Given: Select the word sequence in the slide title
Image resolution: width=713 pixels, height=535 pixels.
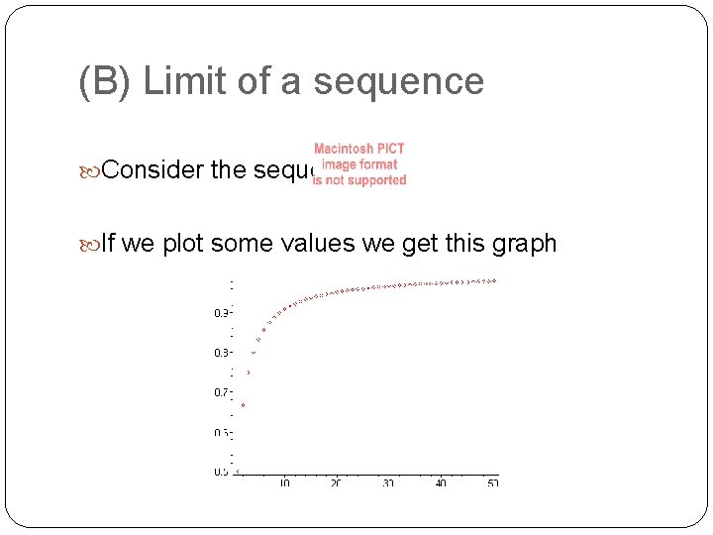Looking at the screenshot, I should coord(398,81).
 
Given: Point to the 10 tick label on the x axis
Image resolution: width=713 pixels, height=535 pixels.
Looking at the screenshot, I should coord(284,482).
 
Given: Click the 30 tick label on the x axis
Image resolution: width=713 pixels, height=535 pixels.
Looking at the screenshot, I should coord(389,482).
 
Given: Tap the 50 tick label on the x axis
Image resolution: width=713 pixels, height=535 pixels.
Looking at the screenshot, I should coord(493,482).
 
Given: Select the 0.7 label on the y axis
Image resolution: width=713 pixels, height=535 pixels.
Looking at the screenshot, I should coord(222,392).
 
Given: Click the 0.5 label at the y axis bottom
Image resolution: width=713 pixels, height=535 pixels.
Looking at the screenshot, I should coord(222,472).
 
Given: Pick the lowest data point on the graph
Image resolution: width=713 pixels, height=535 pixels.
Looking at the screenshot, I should coord(238,472).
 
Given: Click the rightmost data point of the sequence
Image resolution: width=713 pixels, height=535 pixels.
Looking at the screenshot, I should coord(493,280).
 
